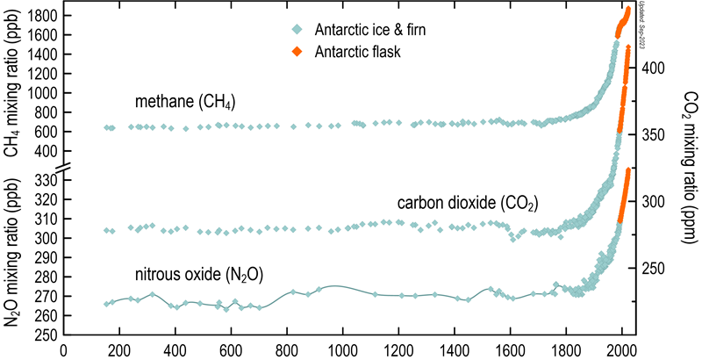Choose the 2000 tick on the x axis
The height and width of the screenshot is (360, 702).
pos(621,349)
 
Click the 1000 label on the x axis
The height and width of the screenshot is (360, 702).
pos(342,349)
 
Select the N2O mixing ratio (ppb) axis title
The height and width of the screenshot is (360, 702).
pos(12,255)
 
